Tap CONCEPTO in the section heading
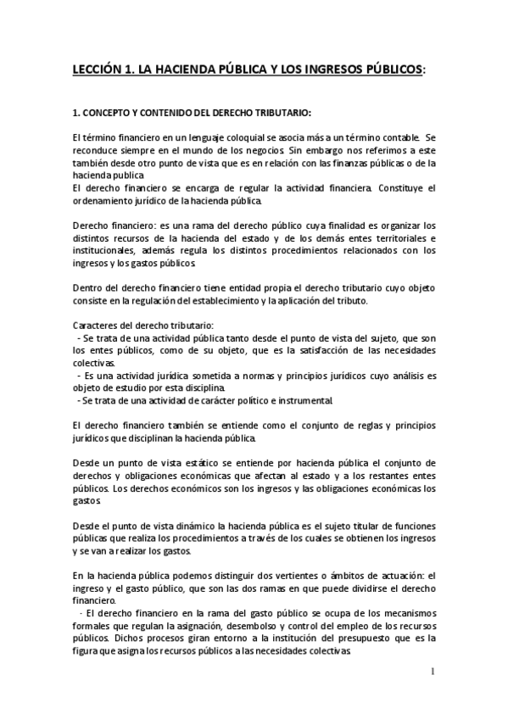[x=109, y=112]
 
